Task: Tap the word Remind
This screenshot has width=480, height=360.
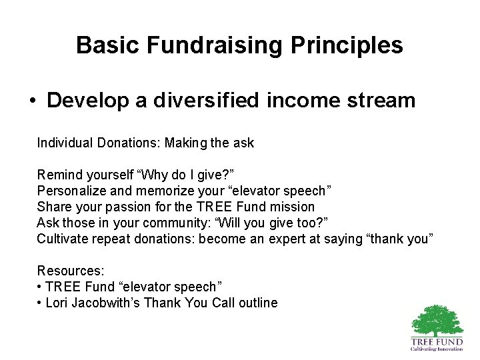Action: (x=57, y=175)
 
